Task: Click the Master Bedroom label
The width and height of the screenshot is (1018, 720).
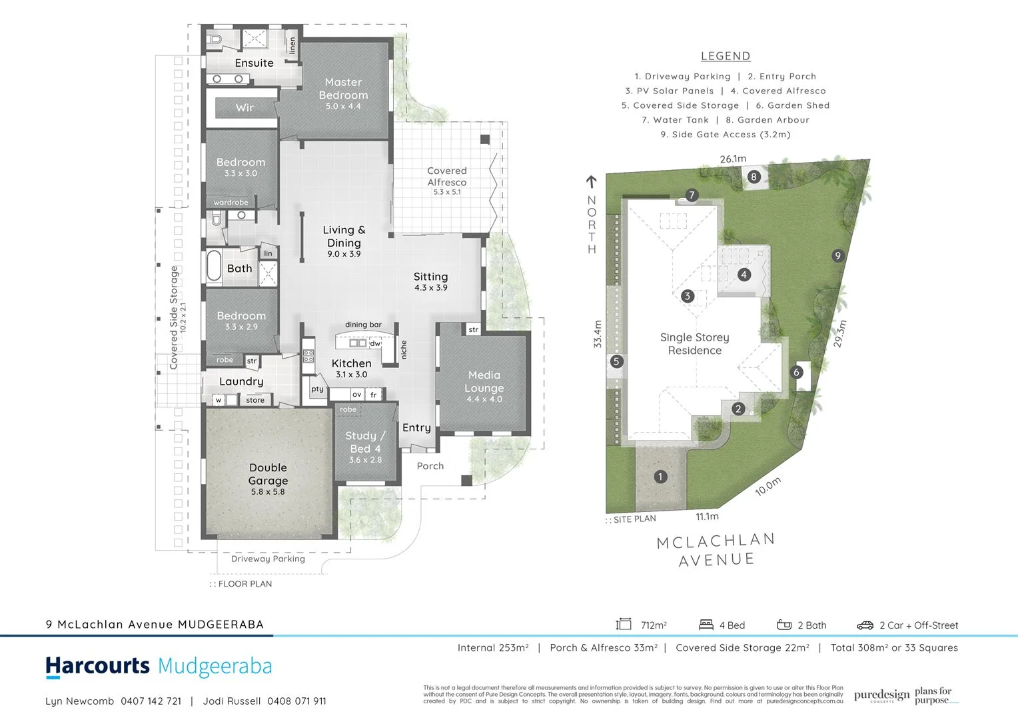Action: (343, 89)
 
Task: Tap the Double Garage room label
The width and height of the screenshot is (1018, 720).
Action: (268, 474)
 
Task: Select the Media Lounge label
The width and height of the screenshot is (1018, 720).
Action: (484, 381)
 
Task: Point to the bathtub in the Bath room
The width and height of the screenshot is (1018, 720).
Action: (214, 266)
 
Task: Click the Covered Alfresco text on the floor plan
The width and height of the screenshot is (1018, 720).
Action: (447, 177)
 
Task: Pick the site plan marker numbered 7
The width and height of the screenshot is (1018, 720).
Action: (692, 195)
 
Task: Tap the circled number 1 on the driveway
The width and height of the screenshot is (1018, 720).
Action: (660, 477)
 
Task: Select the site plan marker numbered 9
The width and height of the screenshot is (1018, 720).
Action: (838, 255)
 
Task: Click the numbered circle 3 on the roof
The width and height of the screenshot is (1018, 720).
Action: (688, 296)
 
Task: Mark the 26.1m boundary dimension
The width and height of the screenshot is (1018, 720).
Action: (733, 159)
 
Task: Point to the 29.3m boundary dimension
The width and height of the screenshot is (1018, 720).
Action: (840, 334)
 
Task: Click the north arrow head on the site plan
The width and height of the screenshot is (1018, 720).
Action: (591, 181)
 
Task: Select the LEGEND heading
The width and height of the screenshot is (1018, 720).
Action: (726, 57)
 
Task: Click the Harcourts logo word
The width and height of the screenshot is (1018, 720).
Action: (98, 666)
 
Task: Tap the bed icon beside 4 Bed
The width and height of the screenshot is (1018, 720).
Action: (706, 625)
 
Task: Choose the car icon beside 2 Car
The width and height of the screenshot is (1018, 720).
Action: (865, 625)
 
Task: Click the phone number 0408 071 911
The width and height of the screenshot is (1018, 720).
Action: (296, 701)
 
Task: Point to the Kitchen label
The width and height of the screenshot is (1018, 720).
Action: (351, 363)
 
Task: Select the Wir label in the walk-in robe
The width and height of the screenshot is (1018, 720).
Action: (245, 107)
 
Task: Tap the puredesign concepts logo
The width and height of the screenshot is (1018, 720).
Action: (881, 696)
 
